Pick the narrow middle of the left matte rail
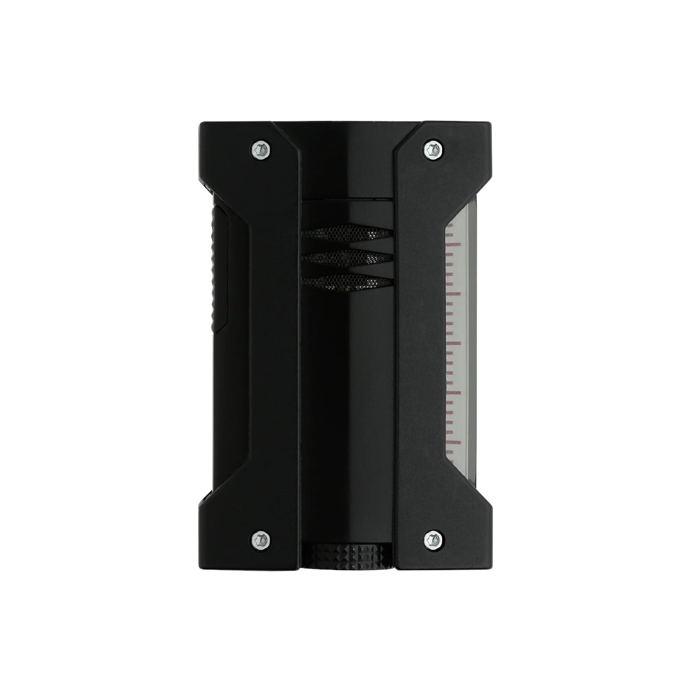click(x=271, y=345)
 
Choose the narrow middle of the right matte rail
click(x=420, y=345)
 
